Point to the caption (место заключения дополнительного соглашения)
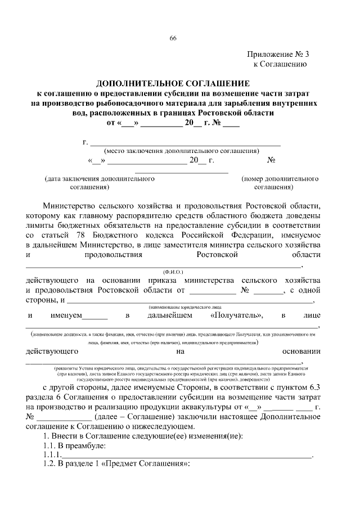click(181, 151)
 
